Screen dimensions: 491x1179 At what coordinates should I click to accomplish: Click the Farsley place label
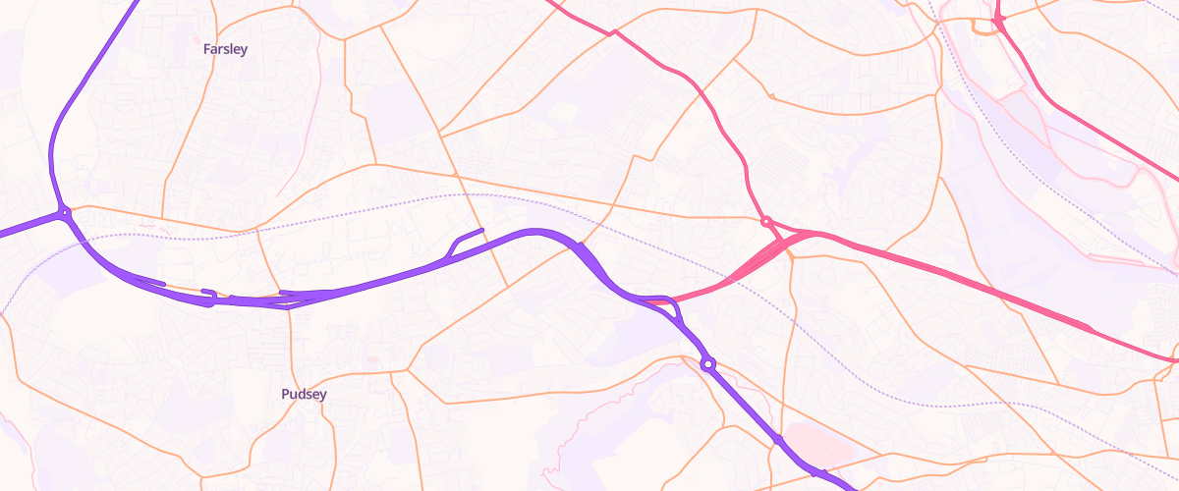pos(225,48)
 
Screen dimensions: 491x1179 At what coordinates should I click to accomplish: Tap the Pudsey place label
pos(304,395)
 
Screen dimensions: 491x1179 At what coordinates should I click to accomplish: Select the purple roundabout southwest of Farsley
pos(65,212)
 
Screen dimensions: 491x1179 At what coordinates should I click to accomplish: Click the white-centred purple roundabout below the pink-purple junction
pos(707,365)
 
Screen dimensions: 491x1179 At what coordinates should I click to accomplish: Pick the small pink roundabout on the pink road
pos(766,221)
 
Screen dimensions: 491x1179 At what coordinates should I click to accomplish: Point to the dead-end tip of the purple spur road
pos(482,231)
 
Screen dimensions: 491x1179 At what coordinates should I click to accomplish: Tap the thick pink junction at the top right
pos(998,19)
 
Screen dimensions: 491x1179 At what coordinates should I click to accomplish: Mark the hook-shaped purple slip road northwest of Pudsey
pos(208,295)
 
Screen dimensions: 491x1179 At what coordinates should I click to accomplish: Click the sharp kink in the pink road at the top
pos(615,32)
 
